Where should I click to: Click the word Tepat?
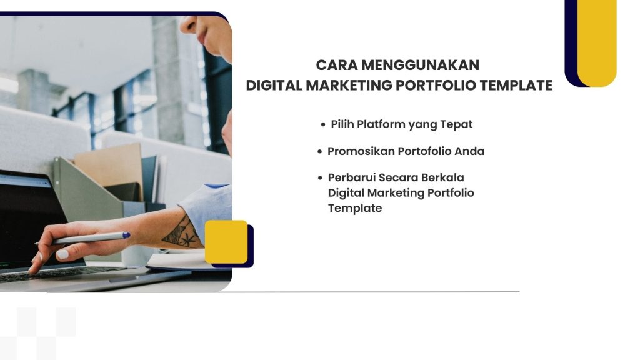[x=456, y=124]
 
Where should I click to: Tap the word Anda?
[x=470, y=151]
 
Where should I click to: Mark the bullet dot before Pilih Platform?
[x=323, y=125]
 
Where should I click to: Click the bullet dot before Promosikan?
[x=320, y=152]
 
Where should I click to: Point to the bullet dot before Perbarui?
[x=321, y=178]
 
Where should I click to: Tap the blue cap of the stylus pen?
[x=126, y=236]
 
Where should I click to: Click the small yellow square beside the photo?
[x=226, y=242]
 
